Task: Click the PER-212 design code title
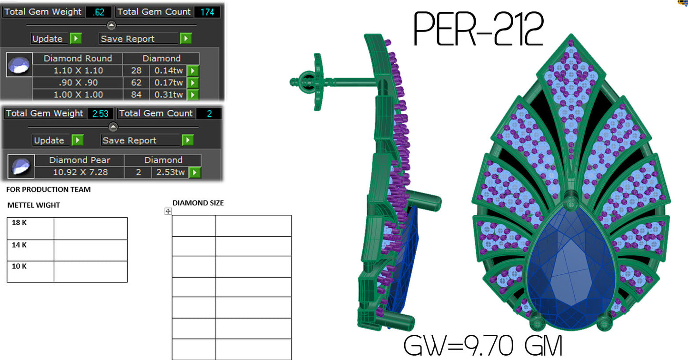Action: [x=479, y=30]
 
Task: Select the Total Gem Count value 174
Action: [x=207, y=12]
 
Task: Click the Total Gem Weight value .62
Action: [x=99, y=12]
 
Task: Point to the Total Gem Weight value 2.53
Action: [x=100, y=113]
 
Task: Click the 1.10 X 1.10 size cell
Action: [x=78, y=71]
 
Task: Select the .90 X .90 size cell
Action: [x=78, y=83]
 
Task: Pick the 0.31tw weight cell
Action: [x=168, y=95]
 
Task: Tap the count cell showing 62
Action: [x=136, y=83]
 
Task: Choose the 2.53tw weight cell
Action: [x=170, y=172]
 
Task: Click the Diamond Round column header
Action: [x=78, y=59]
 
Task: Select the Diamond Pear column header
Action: [x=80, y=160]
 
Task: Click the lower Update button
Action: [x=57, y=140]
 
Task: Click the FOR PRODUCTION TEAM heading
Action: [x=48, y=190]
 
